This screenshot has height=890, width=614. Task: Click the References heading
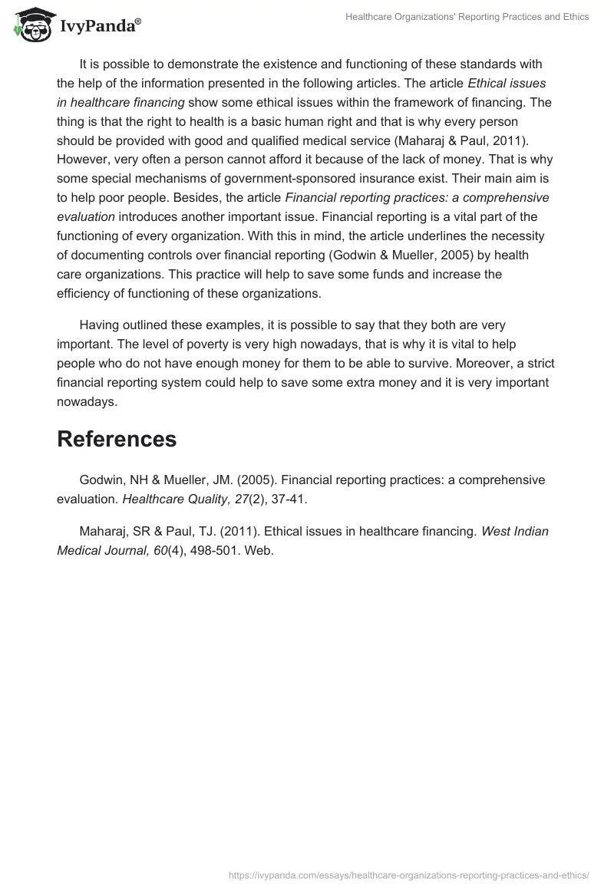(117, 439)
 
